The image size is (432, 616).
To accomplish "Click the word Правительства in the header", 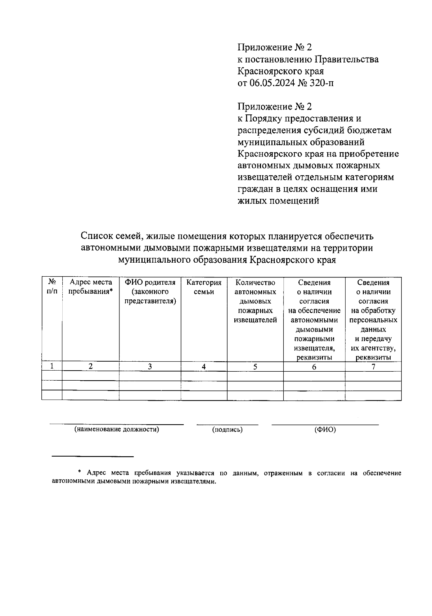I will (x=347, y=59).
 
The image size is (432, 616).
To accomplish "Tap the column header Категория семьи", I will (x=204, y=287).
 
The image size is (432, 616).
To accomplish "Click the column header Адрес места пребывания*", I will (x=91, y=287).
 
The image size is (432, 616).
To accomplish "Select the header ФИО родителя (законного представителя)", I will (x=150, y=292).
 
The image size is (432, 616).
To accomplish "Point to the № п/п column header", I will (x=52, y=287).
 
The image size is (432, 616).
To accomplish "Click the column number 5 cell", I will (x=255, y=367).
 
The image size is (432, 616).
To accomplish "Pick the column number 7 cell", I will (x=373, y=367).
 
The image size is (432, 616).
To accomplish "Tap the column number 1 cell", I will (x=52, y=366).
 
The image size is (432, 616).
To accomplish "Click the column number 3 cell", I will (x=150, y=367).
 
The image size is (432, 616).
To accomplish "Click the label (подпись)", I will (x=227, y=430).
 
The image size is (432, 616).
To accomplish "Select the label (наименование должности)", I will (x=117, y=429).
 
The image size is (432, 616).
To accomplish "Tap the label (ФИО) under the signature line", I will (x=325, y=430).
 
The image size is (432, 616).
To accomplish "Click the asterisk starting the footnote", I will (x=80, y=472).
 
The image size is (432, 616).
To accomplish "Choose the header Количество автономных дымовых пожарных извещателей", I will (x=255, y=301).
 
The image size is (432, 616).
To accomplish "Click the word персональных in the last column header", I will (x=373, y=320).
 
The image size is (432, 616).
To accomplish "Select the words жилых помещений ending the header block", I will (x=278, y=201).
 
